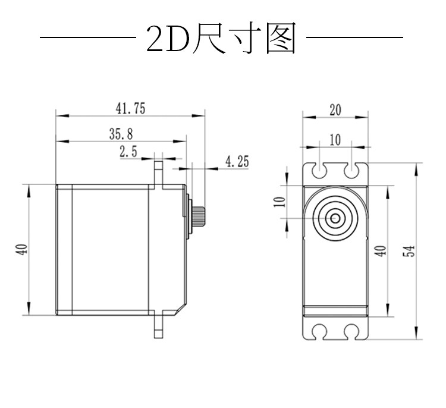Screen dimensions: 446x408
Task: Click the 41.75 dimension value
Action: click(x=131, y=108)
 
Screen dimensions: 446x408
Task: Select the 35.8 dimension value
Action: click(x=121, y=134)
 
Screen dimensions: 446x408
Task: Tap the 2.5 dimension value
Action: click(x=128, y=151)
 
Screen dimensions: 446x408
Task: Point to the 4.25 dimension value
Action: click(x=237, y=161)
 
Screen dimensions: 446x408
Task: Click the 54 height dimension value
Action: click(x=409, y=250)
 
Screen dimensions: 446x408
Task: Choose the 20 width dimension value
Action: click(x=335, y=110)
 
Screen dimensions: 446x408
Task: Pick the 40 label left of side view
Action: click(x=23, y=249)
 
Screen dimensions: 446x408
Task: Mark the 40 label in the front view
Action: click(x=381, y=250)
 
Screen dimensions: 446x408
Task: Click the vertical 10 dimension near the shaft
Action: click(x=279, y=202)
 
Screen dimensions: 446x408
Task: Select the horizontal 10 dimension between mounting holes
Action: click(x=335, y=140)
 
